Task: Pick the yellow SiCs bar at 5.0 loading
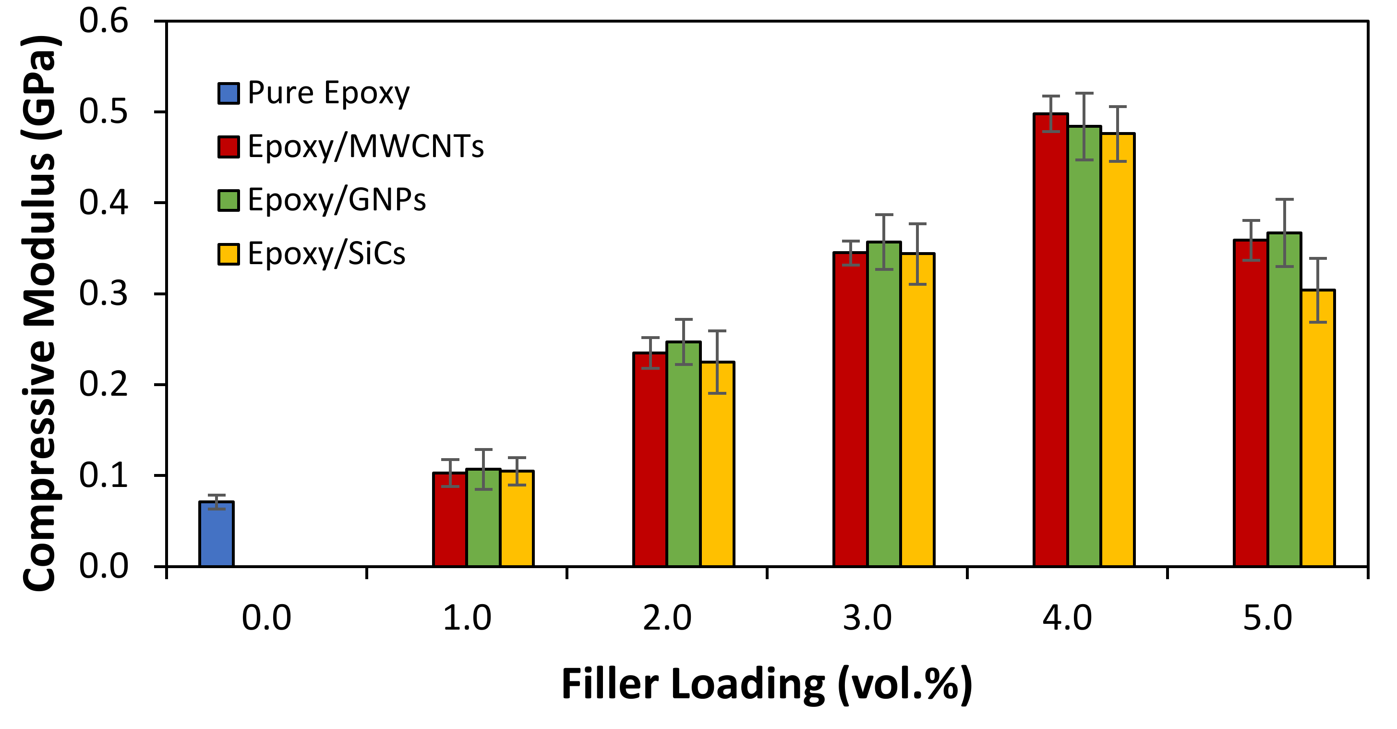(x=1318, y=428)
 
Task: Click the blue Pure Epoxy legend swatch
(x=229, y=93)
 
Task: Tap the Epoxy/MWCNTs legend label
(x=365, y=146)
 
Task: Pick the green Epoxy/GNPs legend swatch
(x=229, y=200)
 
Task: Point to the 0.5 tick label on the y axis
(x=104, y=112)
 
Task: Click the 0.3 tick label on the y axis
(x=104, y=293)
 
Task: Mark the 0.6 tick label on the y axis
(x=104, y=21)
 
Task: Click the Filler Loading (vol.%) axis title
(x=767, y=684)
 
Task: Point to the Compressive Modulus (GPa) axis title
(x=39, y=314)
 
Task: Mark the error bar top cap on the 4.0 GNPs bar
(x=1084, y=93)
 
